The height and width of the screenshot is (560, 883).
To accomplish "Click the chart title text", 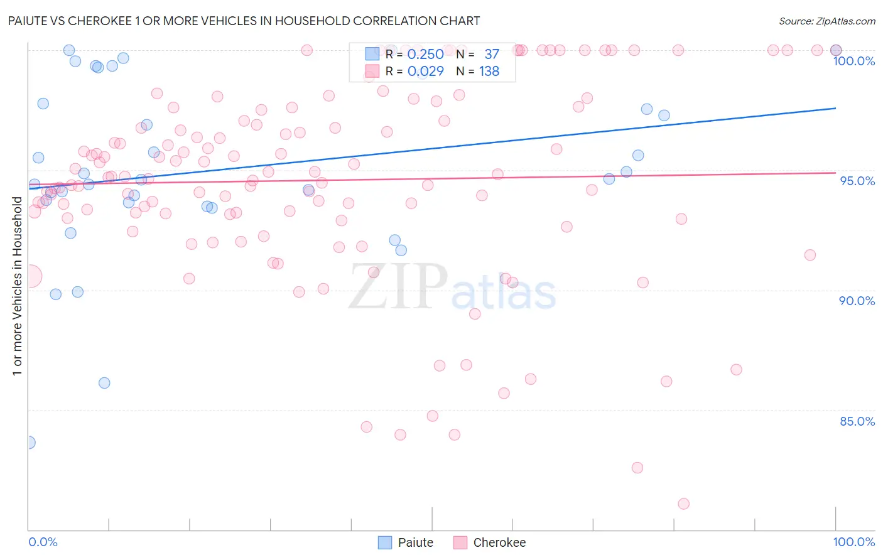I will pos(244,21).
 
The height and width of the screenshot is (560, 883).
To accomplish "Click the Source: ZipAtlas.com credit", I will pos(826,21).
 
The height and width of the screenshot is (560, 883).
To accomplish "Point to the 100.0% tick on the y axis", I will pos(853,61).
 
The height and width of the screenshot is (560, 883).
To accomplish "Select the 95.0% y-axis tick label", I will pos(857,181).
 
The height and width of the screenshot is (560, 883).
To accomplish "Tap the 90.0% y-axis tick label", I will pos(857,301).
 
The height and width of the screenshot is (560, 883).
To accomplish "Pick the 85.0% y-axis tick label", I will pos(857,421).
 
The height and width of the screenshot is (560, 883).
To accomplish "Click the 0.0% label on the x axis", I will pos(43,542).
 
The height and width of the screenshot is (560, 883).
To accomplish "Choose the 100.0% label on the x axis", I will pos(853,542).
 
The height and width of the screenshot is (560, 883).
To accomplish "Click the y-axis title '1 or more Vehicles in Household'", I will pos(17,286).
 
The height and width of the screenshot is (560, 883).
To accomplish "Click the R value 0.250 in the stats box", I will pos(425,55).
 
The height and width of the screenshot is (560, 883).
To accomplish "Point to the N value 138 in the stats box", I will pos(489,72).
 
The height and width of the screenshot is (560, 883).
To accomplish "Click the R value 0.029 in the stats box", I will pos(425,72).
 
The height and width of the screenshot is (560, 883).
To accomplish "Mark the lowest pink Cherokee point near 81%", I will pos(683,503).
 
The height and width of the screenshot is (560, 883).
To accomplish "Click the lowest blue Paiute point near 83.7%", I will pos(29,443).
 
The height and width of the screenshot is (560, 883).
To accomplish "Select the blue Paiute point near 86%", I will pos(104,383).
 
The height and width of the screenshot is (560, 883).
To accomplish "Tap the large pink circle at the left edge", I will pos(30,276).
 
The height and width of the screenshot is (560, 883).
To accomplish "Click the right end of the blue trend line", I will pos(835,109).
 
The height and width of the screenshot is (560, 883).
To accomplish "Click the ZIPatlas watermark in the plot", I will pos(452,288).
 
